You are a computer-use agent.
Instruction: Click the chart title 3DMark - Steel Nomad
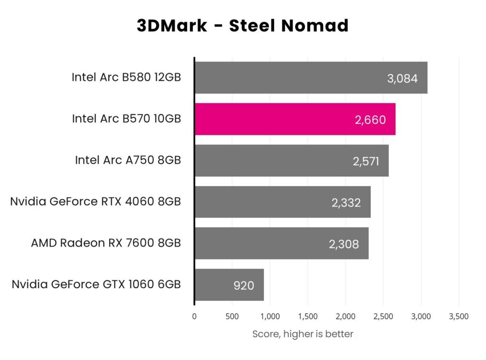pos(243,26)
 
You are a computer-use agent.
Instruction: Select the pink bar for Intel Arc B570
pos(295,119)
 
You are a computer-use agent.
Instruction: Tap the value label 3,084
pos(402,78)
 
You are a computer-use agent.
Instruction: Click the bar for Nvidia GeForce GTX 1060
pos(229,285)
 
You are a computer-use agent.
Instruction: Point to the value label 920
pos(243,285)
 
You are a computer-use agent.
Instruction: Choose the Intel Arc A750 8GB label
pos(128,161)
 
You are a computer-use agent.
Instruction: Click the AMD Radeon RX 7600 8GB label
pos(106,243)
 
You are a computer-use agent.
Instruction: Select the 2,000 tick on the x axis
pos(345,316)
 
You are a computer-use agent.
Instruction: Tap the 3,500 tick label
pos(458,316)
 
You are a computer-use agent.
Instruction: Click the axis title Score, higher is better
pos(302,334)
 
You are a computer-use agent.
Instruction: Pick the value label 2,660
pos(370,120)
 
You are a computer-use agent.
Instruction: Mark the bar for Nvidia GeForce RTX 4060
pos(282,202)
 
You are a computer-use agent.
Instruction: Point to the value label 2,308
pos(344,244)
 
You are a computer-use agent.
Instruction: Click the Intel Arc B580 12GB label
pos(126,77)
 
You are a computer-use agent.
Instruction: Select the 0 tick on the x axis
pos(194,316)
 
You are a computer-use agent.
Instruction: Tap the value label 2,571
pos(365,161)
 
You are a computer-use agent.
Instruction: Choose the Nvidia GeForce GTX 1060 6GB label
pos(96,284)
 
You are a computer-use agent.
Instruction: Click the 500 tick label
pos(232,316)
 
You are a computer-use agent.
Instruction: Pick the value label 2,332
pos(346,203)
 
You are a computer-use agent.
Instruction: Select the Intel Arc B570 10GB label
pos(126,119)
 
